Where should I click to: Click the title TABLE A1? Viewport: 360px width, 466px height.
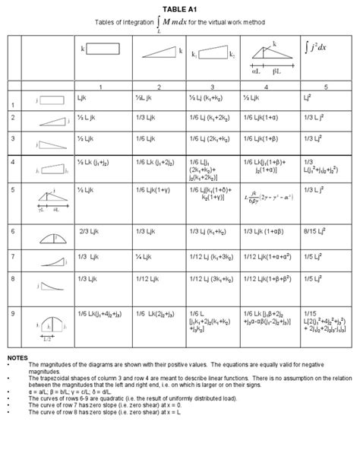tap(181, 6)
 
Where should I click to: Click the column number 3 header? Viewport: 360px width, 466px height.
tap(211, 87)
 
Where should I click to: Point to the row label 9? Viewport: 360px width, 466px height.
tap(13, 312)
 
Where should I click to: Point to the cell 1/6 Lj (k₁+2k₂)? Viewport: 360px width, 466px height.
tap(215, 119)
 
